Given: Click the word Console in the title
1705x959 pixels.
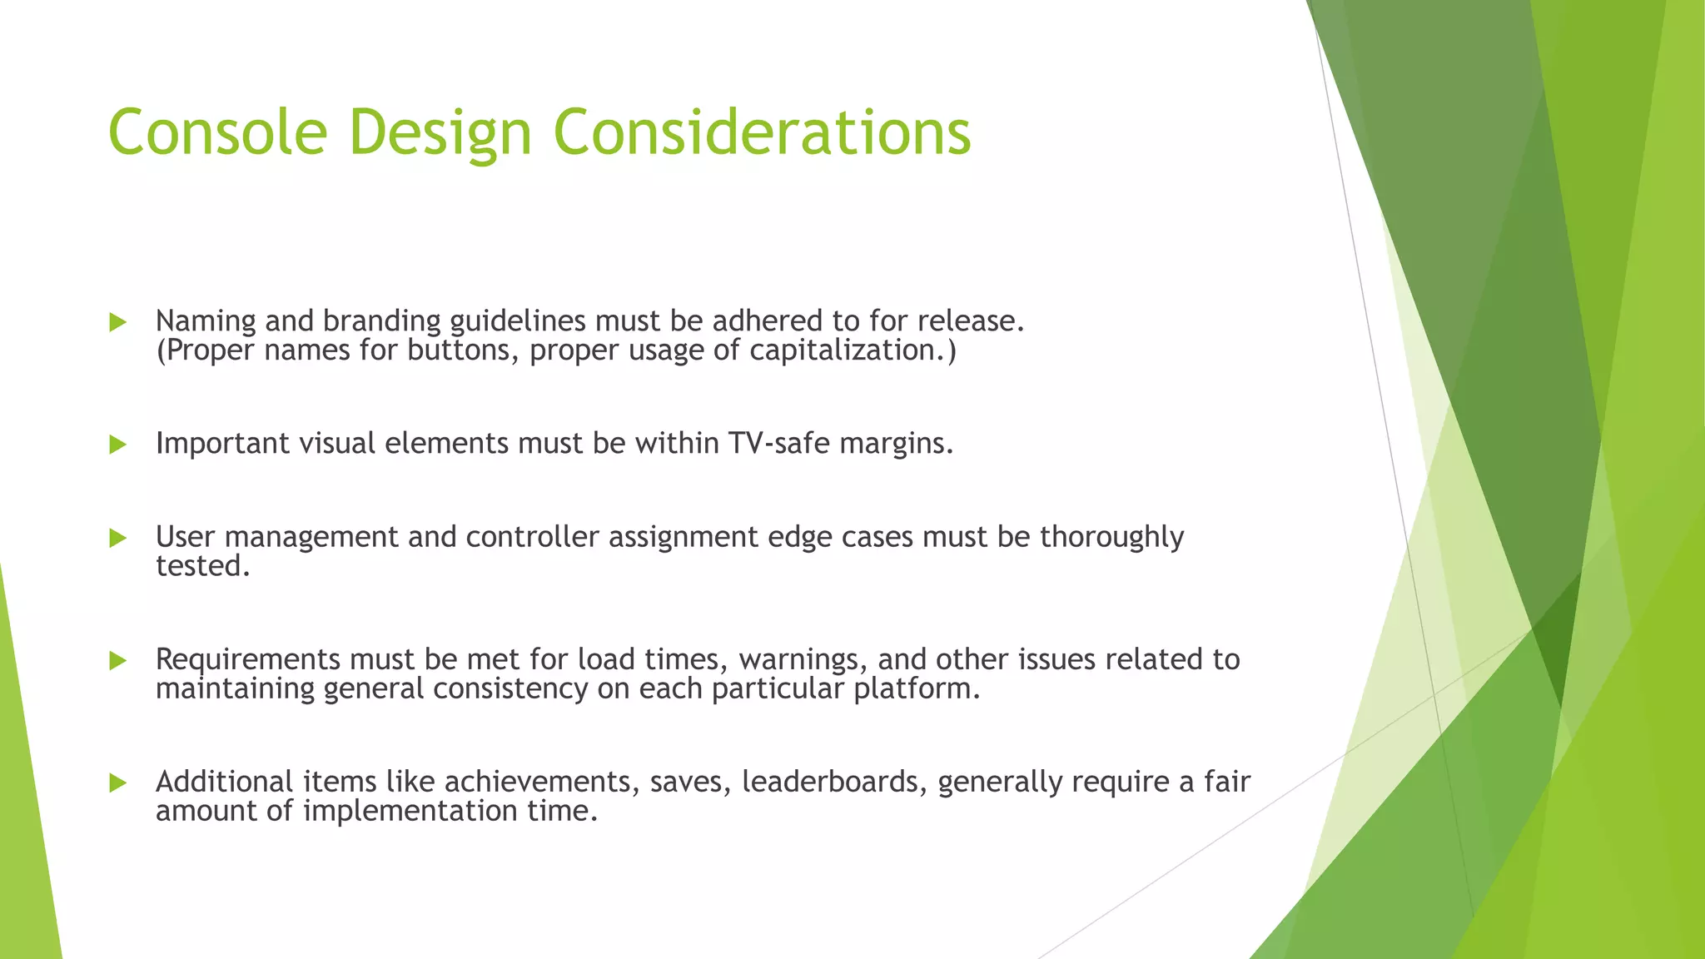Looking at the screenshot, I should [x=217, y=132].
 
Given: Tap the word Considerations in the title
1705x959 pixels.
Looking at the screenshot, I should [x=762, y=132].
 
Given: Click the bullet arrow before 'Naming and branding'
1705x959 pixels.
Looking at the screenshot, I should [x=117, y=322].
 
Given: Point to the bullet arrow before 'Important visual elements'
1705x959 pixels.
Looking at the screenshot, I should [x=117, y=445].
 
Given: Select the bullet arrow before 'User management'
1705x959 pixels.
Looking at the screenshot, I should [x=117, y=539].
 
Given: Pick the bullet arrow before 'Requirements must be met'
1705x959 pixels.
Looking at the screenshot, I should [x=117, y=661].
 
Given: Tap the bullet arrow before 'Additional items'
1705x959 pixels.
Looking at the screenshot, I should [x=117, y=783].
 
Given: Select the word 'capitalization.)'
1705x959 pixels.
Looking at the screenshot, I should [x=852, y=350].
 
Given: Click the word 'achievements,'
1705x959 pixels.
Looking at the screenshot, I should [x=542, y=782].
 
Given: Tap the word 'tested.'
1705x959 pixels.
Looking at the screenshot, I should [x=203, y=566].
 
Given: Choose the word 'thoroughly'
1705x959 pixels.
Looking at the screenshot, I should [x=1111, y=538].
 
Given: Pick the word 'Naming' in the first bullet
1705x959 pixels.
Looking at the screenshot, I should [x=206, y=321].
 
